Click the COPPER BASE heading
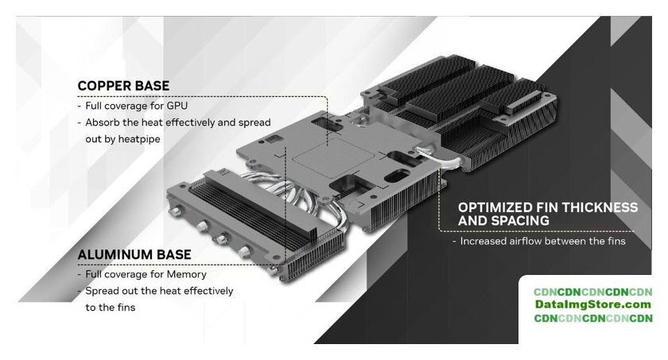click(x=123, y=86)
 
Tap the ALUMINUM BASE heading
click(x=134, y=254)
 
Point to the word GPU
click(x=177, y=106)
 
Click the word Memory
click(x=187, y=274)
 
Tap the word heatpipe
click(x=139, y=139)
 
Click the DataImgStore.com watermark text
click(x=593, y=304)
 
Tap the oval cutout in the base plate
click(x=397, y=176)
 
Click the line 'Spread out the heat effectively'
click(x=159, y=291)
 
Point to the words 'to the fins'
click(x=111, y=308)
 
